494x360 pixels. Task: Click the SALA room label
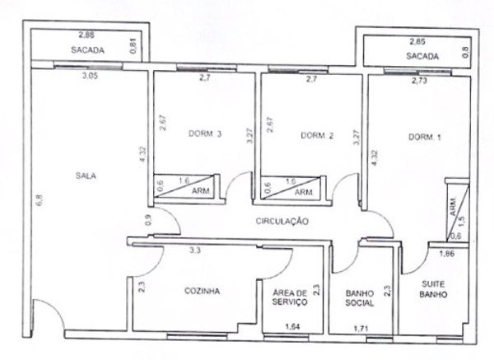pos(86,175)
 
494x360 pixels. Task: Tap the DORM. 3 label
pos(205,133)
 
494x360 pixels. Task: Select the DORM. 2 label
pos(317,136)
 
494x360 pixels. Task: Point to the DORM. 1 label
pos(425,137)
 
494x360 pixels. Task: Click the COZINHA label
pos(202,291)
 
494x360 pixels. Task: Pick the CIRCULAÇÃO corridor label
pos(282,221)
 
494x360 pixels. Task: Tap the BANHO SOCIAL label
pos(360,298)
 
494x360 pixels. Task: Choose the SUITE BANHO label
pos(433,289)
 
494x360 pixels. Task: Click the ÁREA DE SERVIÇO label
pos(290,297)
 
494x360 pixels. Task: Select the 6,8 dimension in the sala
pos(39,200)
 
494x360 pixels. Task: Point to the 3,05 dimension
pos(90,76)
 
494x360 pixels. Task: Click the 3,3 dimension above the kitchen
pos(195,250)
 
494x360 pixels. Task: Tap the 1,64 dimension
pos(292,326)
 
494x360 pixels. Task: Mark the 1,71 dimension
pos(361,329)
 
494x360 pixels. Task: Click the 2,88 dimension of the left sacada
pos(86,35)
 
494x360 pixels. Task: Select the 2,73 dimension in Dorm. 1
pos(419,81)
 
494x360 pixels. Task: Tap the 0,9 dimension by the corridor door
pos(148,220)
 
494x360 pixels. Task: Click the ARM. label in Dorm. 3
pos(201,191)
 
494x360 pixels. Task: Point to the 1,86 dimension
pos(447,253)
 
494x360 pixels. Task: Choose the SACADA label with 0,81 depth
pos(87,49)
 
